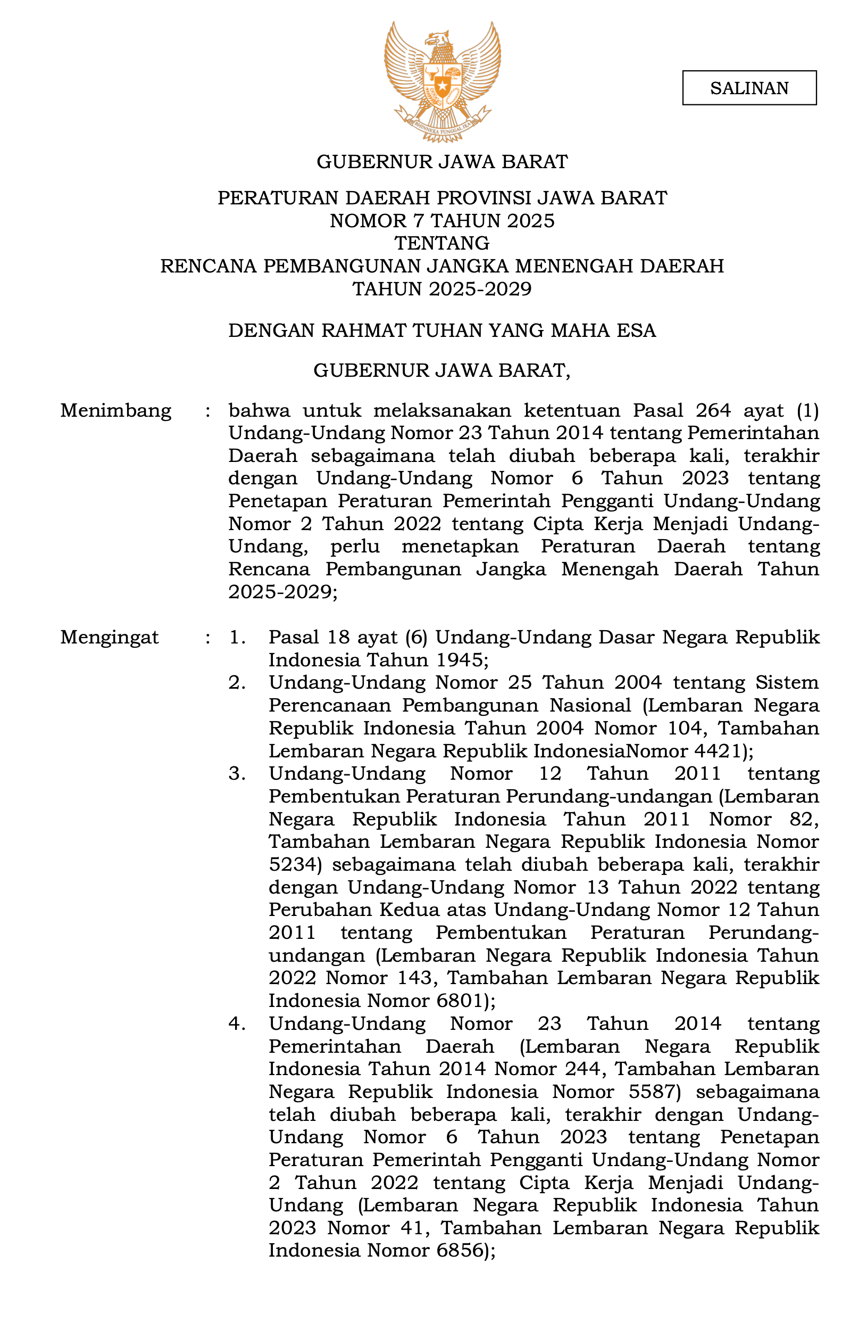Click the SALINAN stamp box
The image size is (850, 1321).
point(749,88)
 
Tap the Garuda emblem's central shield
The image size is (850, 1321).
point(442,86)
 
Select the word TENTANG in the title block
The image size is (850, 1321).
point(442,243)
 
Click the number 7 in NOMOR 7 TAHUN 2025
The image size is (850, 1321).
point(419,221)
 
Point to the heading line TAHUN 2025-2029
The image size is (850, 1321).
point(442,289)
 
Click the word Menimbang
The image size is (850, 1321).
point(116,411)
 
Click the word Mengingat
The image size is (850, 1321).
point(109,637)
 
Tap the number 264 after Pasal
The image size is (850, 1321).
point(713,411)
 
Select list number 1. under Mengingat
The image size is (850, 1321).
point(237,637)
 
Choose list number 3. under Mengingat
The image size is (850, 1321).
point(237,774)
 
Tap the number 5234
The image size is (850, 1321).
point(292,864)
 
